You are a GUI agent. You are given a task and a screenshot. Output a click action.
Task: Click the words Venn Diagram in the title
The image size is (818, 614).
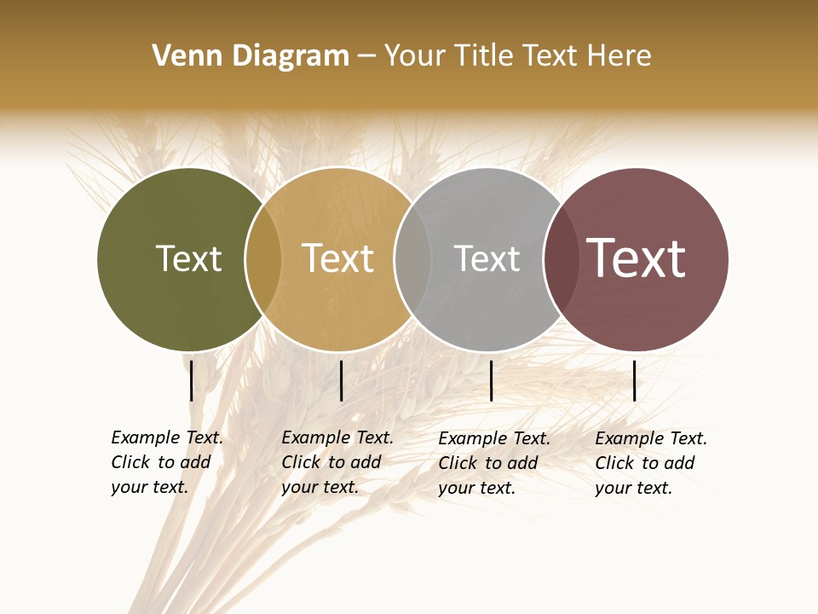[x=251, y=56]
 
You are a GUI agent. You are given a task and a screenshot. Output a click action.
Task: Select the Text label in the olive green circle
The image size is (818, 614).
[x=188, y=258]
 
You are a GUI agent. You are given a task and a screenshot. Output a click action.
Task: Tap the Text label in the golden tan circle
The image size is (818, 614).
[x=338, y=258]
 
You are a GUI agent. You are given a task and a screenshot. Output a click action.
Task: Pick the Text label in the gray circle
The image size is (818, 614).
[x=487, y=258]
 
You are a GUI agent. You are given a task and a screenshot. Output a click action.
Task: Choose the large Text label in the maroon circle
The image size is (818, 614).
[x=637, y=258]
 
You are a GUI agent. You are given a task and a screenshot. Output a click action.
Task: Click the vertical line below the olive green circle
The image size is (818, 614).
[x=192, y=380]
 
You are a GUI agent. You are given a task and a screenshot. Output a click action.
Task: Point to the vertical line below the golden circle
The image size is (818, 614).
[x=341, y=380]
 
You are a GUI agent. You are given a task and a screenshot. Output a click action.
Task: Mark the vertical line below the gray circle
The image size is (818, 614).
[x=491, y=380]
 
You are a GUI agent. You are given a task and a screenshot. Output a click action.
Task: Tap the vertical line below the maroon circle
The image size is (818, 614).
[x=634, y=380]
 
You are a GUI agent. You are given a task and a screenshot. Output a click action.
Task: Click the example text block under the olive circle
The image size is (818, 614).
[x=167, y=462]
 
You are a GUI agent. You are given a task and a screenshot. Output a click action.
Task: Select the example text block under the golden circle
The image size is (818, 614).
[x=337, y=462]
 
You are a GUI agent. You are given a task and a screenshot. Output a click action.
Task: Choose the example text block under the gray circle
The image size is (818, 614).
[x=494, y=463]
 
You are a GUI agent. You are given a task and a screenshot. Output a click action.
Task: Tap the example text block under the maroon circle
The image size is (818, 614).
[x=651, y=463]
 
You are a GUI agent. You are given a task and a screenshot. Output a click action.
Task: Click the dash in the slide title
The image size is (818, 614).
[x=366, y=56]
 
